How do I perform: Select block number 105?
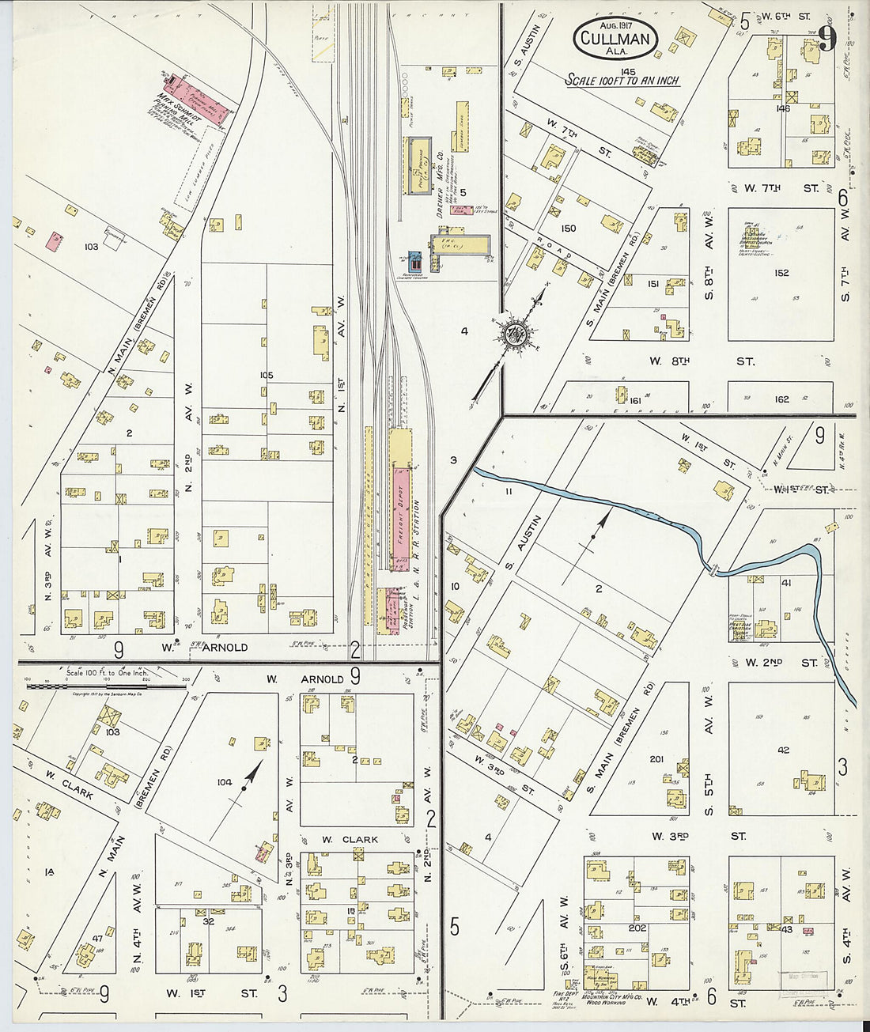coord(265,375)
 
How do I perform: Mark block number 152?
coord(781,273)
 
